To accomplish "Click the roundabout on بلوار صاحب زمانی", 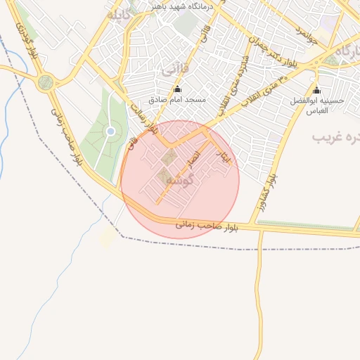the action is point(46,82).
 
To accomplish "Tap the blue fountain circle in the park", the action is point(110,131).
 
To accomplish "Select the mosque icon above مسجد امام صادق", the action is point(176,89).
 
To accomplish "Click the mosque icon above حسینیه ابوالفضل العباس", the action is point(316,90).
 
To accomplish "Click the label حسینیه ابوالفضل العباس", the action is point(318,105).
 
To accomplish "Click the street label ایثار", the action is point(224,157).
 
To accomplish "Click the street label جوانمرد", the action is point(307,34).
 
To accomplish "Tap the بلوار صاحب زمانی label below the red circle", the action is point(207,226).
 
